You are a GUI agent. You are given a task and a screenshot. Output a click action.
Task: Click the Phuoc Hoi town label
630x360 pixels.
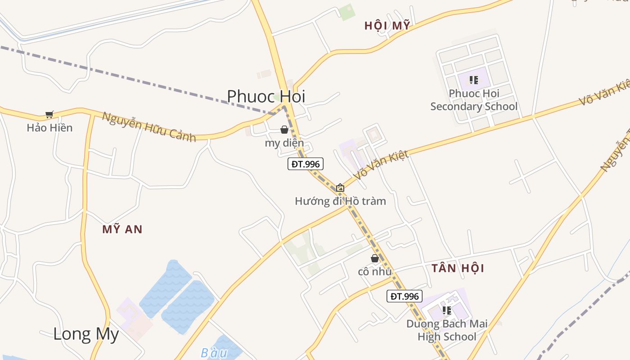click(x=265, y=96)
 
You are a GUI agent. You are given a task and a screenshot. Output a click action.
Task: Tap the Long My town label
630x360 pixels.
click(x=86, y=334)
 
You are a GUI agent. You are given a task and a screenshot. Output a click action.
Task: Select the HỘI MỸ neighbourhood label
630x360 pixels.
click(x=387, y=26)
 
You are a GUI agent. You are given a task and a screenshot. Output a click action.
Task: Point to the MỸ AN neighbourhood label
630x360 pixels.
click(x=122, y=229)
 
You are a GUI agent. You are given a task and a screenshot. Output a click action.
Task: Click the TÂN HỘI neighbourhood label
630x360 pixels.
click(x=458, y=268)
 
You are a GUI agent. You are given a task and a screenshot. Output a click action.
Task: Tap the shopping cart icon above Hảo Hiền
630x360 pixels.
click(x=49, y=115)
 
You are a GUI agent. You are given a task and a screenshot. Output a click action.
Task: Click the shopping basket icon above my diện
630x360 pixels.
click(x=284, y=130)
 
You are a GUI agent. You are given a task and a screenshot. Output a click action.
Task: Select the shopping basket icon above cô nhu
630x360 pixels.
click(x=374, y=258)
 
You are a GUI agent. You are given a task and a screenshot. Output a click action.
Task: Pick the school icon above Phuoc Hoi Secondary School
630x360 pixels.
click(x=473, y=80)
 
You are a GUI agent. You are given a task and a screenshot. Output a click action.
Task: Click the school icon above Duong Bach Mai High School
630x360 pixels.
click(x=446, y=310)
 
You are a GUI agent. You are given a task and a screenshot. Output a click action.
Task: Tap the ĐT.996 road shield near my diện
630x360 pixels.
click(x=306, y=164)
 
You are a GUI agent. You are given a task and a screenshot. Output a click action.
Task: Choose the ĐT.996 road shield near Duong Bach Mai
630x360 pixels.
click(x=405, y=296)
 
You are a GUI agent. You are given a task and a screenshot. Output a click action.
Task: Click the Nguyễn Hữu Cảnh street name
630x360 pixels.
click(x=149, y=127)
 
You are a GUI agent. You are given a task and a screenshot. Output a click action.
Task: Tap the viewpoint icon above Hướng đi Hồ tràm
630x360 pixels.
click(x=340, y=188)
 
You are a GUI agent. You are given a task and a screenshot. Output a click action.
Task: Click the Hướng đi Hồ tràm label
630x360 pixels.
click(x=340, y=201)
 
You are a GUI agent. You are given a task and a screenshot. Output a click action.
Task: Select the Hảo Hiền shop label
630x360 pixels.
click(x=49, y=128)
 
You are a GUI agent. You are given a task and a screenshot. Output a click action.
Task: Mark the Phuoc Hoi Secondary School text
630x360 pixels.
click(x=474, y=100)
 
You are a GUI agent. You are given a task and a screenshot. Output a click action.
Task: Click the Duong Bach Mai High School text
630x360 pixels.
click(x=447, y=330)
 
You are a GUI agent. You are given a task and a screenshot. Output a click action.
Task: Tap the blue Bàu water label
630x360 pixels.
click(x=214, y=353)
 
